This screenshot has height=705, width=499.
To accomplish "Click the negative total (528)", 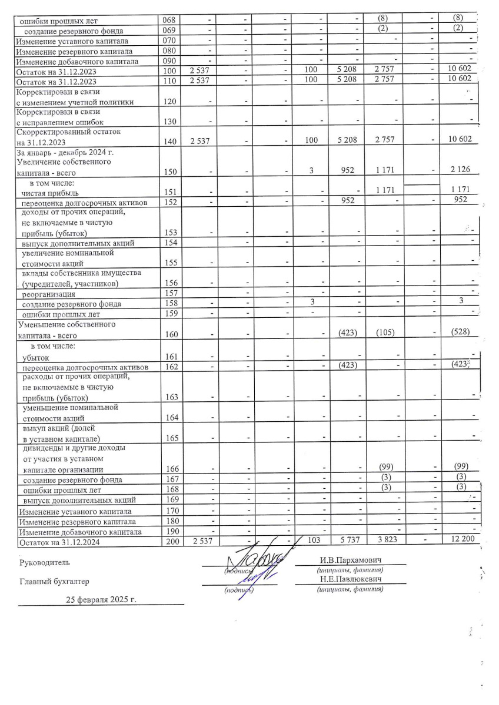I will pyautogui.click(x=460, y=333).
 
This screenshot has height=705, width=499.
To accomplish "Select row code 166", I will pyautogui.click(x=169, y=469).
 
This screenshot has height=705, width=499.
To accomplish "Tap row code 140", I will pyautogui.click(x=169, y=142).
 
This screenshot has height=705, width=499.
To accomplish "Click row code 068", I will pyautogui.click(x=169, y=21).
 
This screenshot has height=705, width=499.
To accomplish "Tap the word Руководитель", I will pyautogui.click(x=44, y=563).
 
